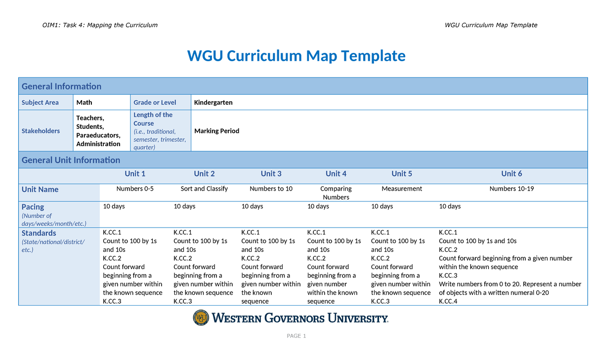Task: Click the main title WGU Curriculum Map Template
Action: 296,56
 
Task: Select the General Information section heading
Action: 61,86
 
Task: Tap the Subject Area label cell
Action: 40,103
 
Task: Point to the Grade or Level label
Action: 155,103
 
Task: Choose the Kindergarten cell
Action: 213,103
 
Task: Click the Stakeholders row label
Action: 41,131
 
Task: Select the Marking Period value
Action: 217,131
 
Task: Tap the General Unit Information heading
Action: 71,160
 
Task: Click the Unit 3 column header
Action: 271,174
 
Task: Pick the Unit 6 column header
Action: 511,174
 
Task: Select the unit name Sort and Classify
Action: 204,189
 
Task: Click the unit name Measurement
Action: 402,189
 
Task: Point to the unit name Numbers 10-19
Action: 511,189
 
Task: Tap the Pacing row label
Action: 33,207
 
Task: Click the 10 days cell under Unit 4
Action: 318,206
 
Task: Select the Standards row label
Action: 39,233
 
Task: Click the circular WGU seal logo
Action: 201,318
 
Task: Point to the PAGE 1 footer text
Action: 296,336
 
